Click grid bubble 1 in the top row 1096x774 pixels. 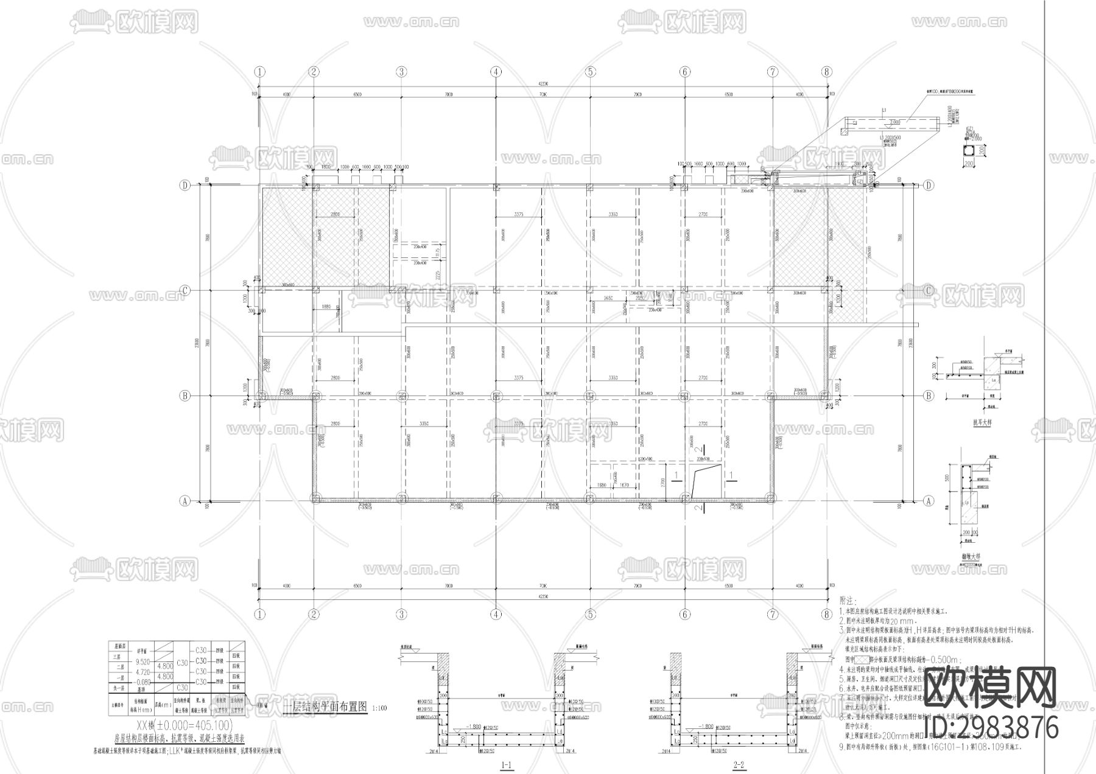pyautogui.click(x=260, y=71)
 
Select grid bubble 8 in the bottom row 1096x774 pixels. pyautogui.click(x=826, y=615)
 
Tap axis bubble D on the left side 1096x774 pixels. pyautogui.click(x=184, y=185)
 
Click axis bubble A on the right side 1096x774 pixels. pyautogui.click(x=929, y=501)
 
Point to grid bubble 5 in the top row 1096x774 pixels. pyautogui.click(x=590, y=71)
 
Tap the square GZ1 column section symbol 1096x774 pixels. pyautogui.click(x=968, y=152)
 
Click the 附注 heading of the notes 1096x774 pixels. pyautogui.click(x=848, y=600)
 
